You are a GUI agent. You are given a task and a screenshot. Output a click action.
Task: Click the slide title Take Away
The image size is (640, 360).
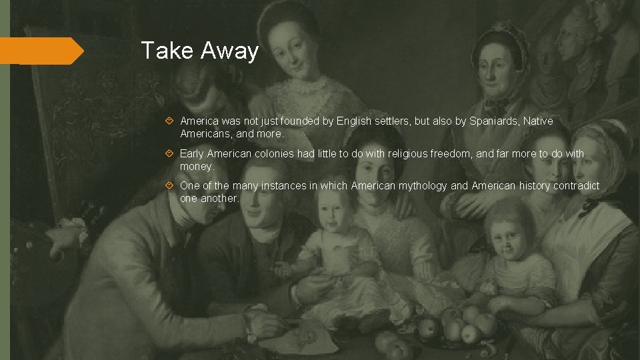pos(199,51)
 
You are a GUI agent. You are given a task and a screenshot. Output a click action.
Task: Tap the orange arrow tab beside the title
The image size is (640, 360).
pos(41,51)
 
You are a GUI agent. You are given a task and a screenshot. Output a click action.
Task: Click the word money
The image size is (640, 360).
pos(197,166)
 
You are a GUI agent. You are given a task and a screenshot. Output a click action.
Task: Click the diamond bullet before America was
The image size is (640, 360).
pos(171,121)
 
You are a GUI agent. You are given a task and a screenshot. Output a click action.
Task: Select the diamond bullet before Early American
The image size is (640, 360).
pos(171,154)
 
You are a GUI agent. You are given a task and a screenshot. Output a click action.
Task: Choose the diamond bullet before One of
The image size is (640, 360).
pos(171,186)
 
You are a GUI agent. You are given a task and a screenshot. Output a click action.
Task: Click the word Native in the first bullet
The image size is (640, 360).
pos(538,121)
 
